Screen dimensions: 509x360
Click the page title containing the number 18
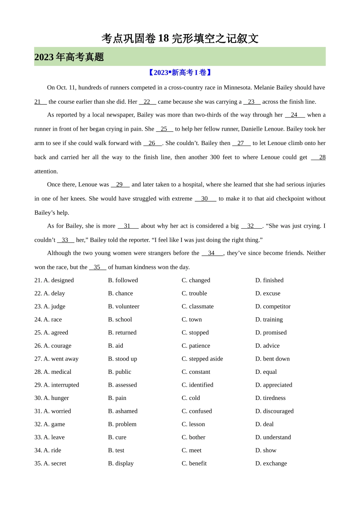[x=180, y=38]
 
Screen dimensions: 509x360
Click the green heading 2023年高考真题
[x=69, y=57]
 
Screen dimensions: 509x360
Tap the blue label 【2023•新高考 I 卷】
[x=180, y=72]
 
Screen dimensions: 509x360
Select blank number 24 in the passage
[x=294, y=115]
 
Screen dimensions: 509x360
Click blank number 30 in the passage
[x=205, y=198]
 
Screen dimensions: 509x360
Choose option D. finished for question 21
[x=269, y=280]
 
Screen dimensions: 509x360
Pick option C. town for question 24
[x=192, y=319]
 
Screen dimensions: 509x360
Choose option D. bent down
[x=272, y=359]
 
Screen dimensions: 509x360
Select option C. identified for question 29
[x=197, y=385]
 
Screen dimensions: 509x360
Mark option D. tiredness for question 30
[x=271, y=398]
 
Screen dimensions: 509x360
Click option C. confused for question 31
[x=197, y=411]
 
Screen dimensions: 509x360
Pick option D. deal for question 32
[x=265, y=424]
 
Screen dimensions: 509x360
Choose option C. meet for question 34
[x=191, y=450]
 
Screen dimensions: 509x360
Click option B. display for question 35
[x=121, y=463]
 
